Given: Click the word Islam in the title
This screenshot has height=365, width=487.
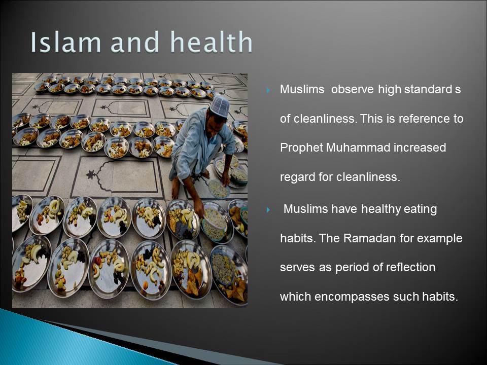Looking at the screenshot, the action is point(65,42).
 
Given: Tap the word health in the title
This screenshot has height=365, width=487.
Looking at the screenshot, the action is point(212,42).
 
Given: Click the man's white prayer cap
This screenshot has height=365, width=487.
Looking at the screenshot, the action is point(220,106).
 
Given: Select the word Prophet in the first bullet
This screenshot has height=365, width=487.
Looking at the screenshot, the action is point(301,148).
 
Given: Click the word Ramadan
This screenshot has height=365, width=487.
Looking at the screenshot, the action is point(370,238).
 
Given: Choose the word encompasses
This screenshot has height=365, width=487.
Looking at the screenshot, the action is point(352,297).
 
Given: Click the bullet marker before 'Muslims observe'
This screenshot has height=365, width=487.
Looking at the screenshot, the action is point(268,91).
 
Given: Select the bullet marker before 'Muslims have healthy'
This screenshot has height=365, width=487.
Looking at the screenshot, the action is point(268,210).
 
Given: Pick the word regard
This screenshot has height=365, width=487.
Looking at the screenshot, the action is point(298,177).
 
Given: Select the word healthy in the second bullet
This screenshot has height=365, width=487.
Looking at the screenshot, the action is point(381,209).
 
